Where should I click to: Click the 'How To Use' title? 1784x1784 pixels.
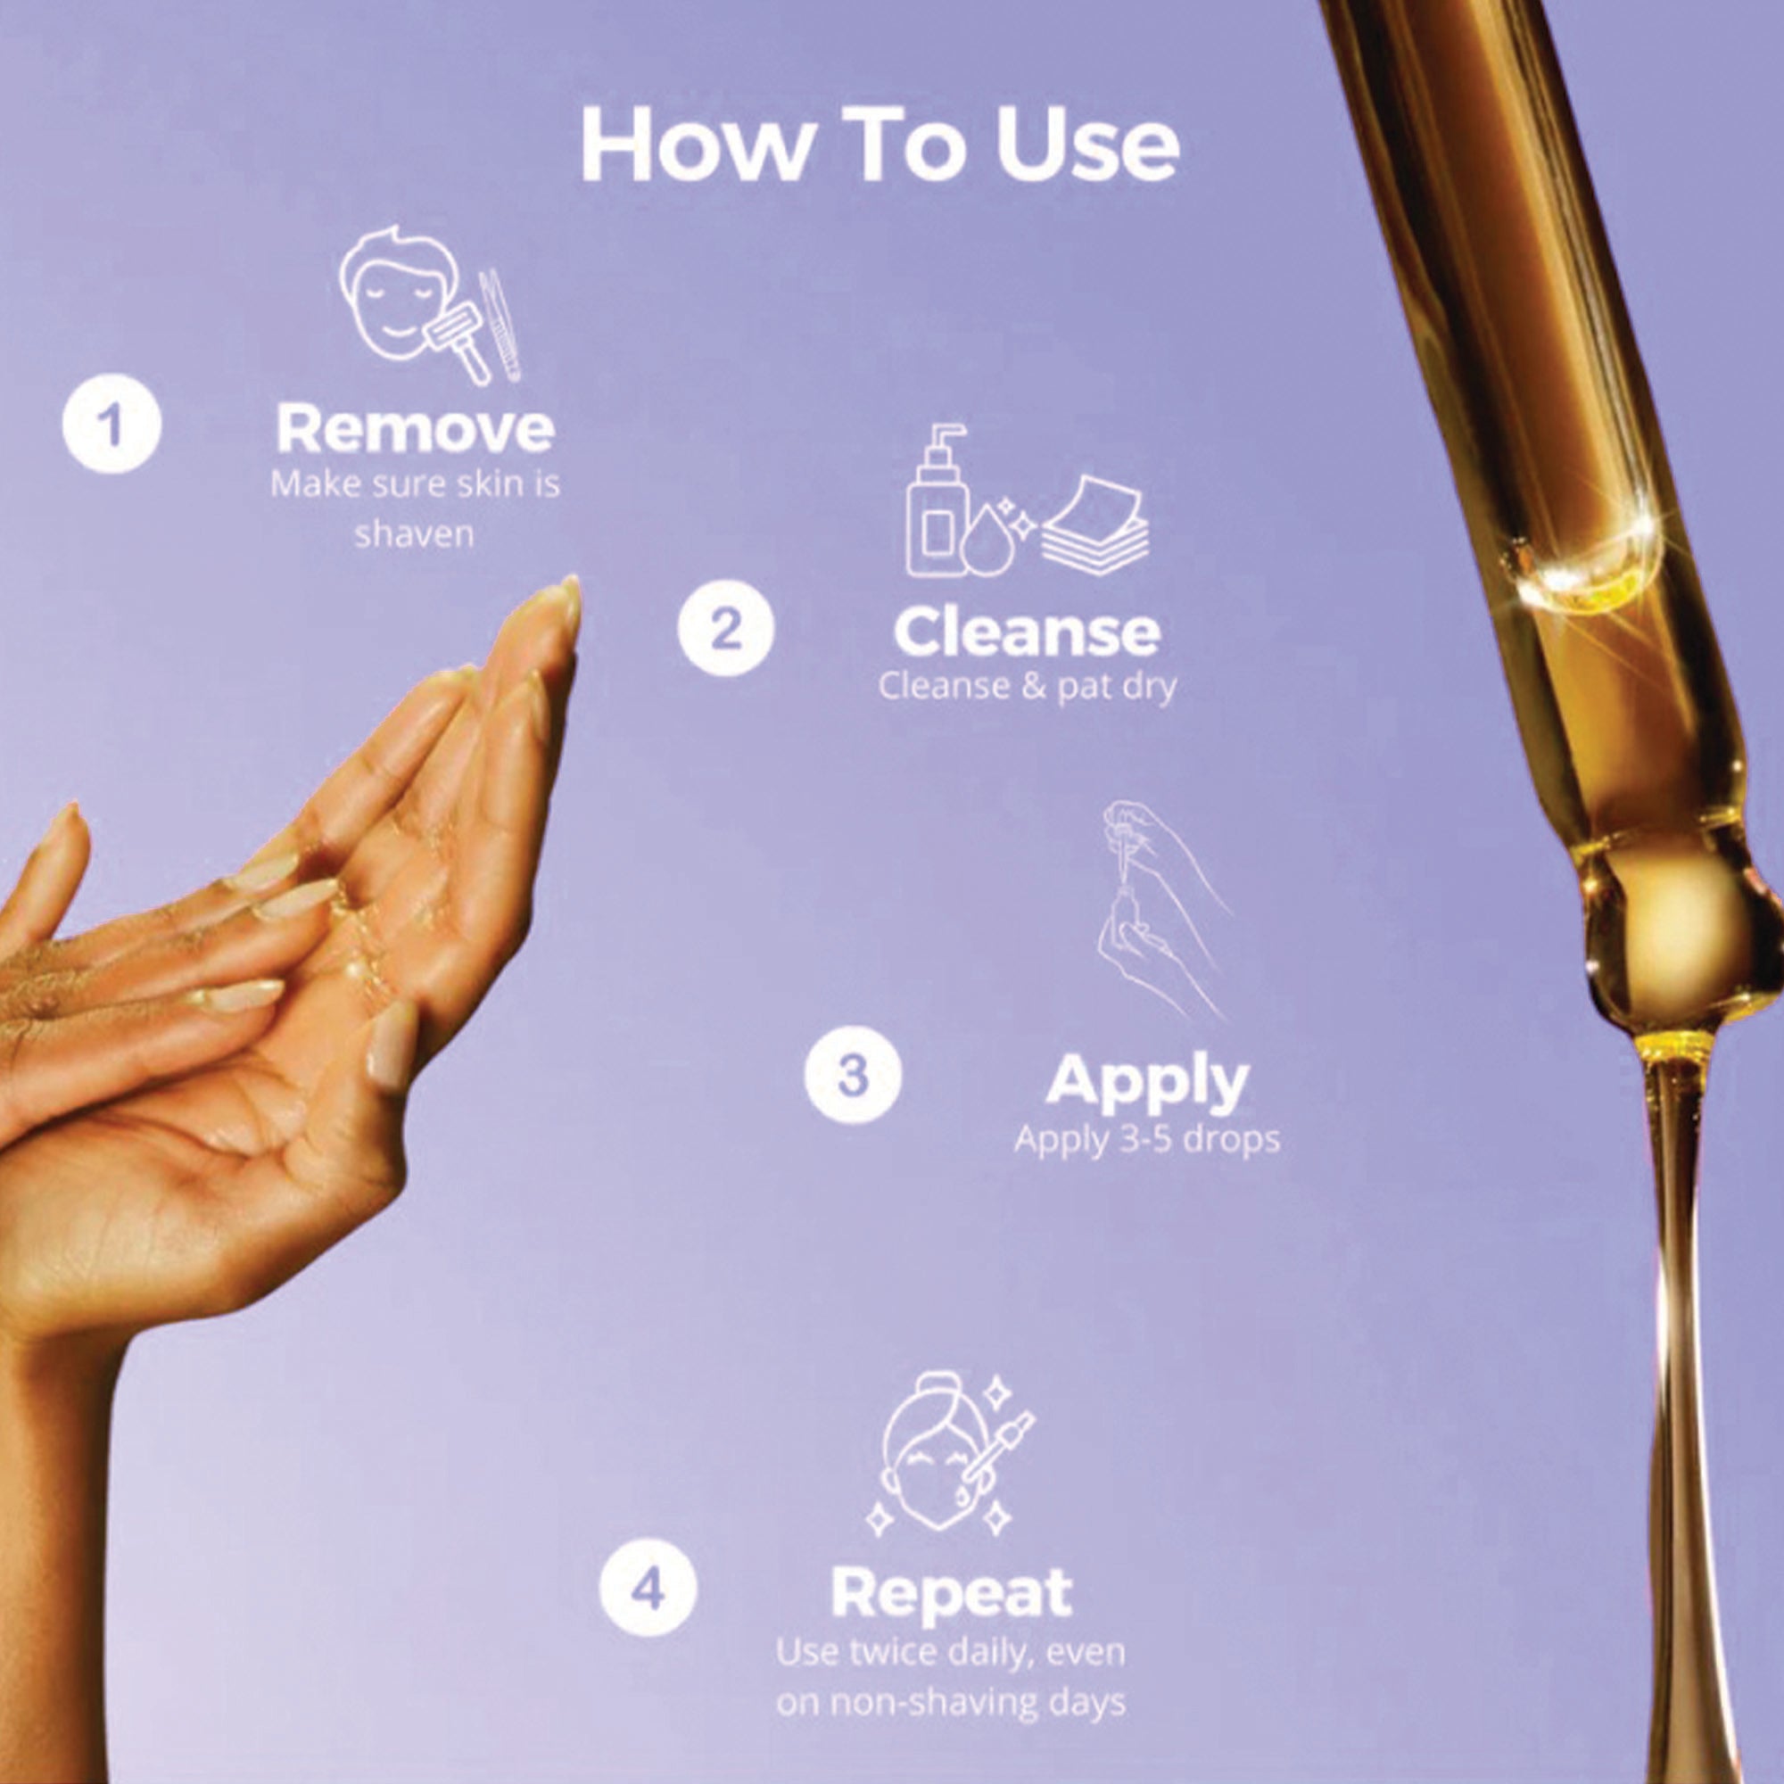(880, 145)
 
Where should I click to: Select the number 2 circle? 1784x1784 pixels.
(725, 632)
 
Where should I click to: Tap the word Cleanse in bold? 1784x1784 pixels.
(1026, 632)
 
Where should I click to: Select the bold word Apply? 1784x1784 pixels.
(1147, 1082)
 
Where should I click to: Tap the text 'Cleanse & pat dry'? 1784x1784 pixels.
(1027, 687)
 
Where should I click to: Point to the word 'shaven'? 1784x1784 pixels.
(415, 534)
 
